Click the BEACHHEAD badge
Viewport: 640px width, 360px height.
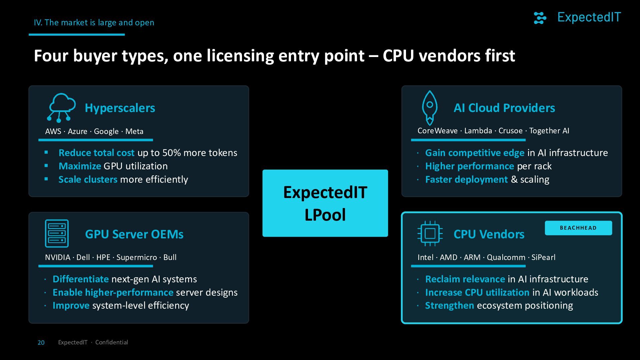578,228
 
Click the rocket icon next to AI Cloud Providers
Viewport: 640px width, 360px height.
430,107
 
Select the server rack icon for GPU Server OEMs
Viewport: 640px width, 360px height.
57,233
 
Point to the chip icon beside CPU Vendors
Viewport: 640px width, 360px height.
430,233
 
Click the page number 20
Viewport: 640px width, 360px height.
41,343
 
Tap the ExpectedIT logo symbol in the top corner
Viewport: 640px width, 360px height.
540,18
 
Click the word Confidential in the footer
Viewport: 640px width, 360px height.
112,342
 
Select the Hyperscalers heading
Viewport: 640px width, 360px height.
120,108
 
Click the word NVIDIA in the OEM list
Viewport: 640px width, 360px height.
58,257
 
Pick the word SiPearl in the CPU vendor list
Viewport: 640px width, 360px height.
543,257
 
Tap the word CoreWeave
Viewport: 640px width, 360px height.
438,131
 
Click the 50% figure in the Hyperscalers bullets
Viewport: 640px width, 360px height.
171,153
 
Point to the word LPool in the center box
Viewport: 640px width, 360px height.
325,215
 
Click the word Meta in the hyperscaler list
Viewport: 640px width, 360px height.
134,131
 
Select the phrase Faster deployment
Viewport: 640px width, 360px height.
466,180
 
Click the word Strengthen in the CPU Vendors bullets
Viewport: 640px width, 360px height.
450,306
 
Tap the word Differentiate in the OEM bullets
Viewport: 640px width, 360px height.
81,279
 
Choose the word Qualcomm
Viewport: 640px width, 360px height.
506,257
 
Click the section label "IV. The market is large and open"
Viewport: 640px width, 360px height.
94,23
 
